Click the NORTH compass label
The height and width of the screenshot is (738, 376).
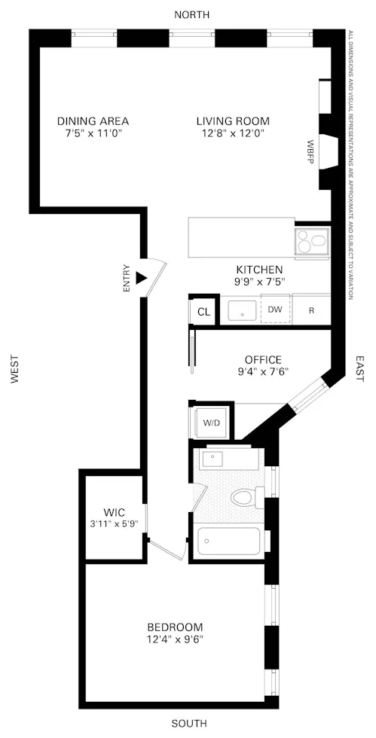191,14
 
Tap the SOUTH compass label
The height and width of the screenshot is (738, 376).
188,724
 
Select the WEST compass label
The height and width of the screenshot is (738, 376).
14,370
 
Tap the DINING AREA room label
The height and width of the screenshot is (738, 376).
93,120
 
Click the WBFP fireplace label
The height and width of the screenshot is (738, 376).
310,151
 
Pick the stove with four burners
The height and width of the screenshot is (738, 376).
312,241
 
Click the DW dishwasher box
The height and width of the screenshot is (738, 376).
275,310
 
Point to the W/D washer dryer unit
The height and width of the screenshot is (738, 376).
212,422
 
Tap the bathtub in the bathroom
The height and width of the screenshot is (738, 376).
228,542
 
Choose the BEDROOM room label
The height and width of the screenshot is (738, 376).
175,627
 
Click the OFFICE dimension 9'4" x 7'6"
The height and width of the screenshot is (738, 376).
262,371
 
